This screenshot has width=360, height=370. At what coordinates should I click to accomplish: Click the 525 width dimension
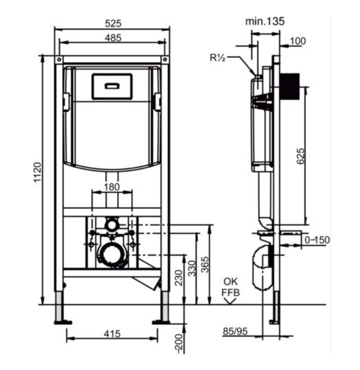click(x=113, y=24)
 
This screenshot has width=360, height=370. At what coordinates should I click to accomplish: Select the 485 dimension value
click(x=113, y=38)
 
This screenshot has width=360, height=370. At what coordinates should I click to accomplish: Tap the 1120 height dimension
click(x=38, y=172)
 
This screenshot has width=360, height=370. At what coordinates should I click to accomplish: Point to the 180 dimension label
click(x=112, y=187)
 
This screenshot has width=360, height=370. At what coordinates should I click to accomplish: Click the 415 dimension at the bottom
click(x=112, y=334)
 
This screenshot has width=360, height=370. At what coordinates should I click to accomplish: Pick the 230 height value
click(x=179, y=278)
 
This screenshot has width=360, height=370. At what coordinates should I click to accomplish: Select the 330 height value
click(x=192, y=268)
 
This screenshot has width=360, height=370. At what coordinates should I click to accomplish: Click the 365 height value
click(x=205, y=265)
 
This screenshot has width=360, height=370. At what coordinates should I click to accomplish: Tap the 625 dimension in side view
click(x=300, y=156)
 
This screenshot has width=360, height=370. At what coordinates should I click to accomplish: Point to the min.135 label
click(x=265, y=21)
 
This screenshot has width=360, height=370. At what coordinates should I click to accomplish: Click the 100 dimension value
click(x=298, y=41)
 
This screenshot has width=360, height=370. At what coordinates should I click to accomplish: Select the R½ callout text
click(x=218, y=57)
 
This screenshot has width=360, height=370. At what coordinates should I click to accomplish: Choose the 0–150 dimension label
click(x=317, y=240)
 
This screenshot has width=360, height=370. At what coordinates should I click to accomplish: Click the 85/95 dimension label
click(x=235, y=331)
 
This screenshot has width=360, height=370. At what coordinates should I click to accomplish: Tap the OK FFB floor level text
click(x=230, y=288)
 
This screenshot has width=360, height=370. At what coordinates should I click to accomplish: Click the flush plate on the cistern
click(x=112, y=86)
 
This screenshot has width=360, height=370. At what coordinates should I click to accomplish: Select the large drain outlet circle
click(x=111, y=255)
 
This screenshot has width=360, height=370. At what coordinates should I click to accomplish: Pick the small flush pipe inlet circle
click(x=111, y=224)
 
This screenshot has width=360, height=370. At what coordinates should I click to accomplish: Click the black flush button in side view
click(x=290, y=86)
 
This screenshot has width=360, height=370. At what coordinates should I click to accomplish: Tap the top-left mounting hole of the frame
click(x=59, y=59)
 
